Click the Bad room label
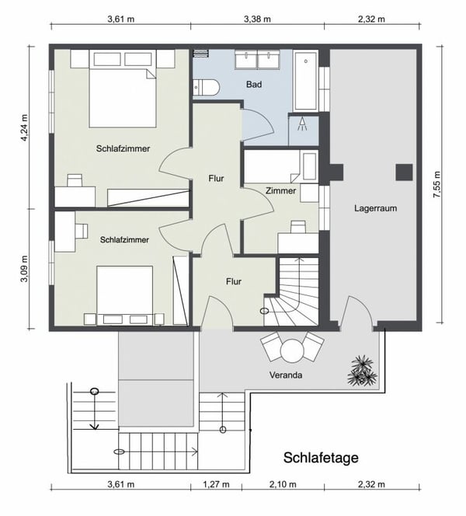[x=254, y=84]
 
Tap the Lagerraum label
[x=375, y=208]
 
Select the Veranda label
[x=287, y=375]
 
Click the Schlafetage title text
[x=321, y=458]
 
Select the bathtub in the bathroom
[x=305, y=82]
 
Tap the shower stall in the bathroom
[x=303, y=130]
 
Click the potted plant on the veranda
[x=362, y=371]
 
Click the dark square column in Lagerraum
[x=405, y=172]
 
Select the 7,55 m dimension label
[x=436, y=187]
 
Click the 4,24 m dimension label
[x=24, y=127]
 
